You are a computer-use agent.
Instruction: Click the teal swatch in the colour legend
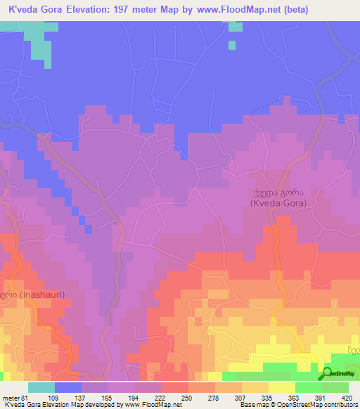(41, 387)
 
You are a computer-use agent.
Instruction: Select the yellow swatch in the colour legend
(282, 387)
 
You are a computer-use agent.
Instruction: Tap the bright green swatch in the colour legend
(309, 387)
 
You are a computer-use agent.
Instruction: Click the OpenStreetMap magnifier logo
(327, 373)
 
